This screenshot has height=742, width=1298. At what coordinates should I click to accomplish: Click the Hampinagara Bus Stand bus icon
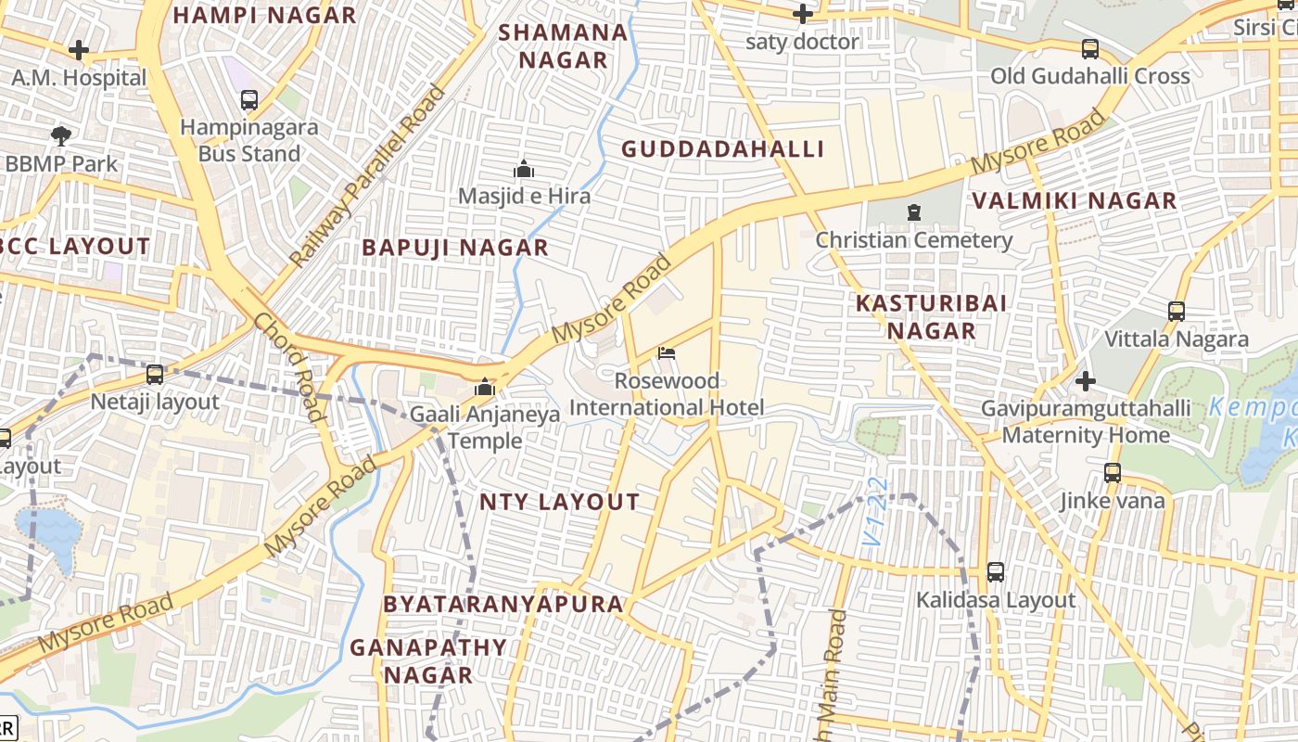(x=248, y=100)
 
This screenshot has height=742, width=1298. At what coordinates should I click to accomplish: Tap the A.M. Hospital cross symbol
(x=79, y=50)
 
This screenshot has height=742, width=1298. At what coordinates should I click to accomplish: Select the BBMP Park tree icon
(x=61, y=136)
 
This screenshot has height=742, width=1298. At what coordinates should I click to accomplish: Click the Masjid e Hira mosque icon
(x=524, y=170)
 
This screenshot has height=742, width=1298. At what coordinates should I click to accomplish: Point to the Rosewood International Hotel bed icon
(x=666, y=353)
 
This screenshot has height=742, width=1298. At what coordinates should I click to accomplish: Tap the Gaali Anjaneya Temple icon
(x=485, y=387)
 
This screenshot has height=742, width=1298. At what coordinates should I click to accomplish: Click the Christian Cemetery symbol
(x=914, y=212)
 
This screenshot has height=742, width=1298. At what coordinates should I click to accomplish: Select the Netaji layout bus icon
(x=155, y=375)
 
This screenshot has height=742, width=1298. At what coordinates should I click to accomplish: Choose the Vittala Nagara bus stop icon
(x=1177, y=312)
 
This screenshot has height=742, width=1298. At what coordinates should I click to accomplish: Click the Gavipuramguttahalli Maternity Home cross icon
(x=1085, y=380)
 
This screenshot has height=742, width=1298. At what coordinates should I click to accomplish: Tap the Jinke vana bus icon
(x=1113, y=473)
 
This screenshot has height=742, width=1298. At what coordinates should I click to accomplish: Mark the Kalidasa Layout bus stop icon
(x=996, y=572)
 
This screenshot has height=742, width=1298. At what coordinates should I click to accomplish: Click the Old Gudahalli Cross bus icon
(x=1090, y=49)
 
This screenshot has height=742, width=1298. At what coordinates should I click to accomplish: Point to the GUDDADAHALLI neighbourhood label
(x=722, y=149)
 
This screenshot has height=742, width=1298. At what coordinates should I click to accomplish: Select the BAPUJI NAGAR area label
(x=455, y=248)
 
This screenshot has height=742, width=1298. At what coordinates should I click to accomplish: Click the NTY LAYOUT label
(x=559, y=502)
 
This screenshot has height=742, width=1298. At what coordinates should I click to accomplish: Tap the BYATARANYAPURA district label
(x=503, y=604)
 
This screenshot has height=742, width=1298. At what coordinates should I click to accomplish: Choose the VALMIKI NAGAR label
(x=1074, y=200)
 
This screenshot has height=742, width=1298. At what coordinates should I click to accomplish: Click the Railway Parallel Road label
(x=367, y=176)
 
